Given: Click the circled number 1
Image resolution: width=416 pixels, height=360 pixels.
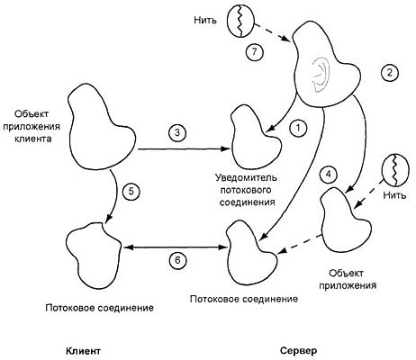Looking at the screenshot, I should tap(295, 130).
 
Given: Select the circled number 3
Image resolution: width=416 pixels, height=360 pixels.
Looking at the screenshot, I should tap(177, 132).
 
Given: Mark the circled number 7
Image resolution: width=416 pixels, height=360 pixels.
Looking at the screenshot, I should tap(256, 52).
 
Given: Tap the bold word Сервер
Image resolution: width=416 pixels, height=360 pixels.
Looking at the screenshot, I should tap(297, 350).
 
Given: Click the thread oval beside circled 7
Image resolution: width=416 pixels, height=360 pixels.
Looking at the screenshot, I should tap(241, 20).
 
